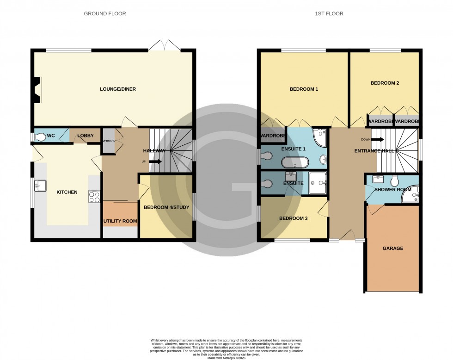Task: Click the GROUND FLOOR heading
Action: pos(104,13)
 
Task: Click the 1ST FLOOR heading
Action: pos(329,13)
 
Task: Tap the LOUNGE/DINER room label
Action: pos(118,89)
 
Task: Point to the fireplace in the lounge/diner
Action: pos(37,89)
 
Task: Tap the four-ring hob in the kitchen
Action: pos(94,197)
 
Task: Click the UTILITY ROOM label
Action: pos(120,221)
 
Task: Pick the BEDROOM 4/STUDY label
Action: pos(166,207)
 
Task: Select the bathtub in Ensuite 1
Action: pos(295,162)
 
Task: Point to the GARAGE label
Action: pos(392,248)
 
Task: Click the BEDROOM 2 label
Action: pos(385,83)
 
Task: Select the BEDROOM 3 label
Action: pos(293,218)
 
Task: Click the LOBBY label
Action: pos(86,136)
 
